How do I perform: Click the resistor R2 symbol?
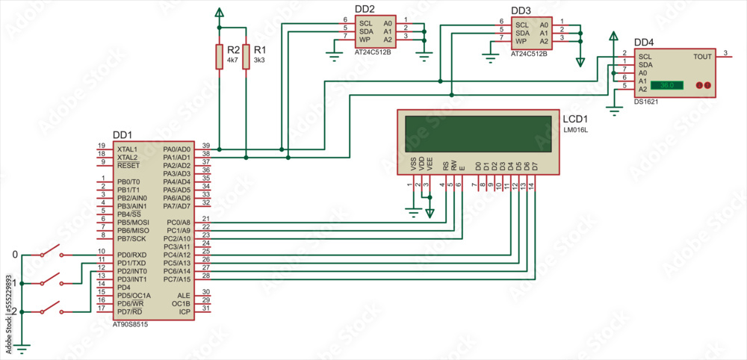[x=219, y=57]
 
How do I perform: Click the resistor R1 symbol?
[x=246, y=57]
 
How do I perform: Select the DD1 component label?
[x=122, y=135]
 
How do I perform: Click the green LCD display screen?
[x=478, y=134]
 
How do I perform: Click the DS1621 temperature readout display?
[x=667, y=86]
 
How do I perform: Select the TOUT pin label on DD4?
[x=702, y=57]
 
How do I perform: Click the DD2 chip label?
[x=365, y=9]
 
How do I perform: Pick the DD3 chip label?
[x=521, y=10]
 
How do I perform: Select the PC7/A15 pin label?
[x=178, y=279]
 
